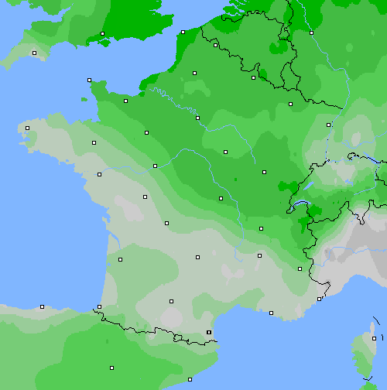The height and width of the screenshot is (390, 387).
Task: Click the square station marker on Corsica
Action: tap(374, 338)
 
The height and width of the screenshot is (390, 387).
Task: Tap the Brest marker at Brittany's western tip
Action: tap(27, 128)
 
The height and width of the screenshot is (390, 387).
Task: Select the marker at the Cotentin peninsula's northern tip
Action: tap(89, 80)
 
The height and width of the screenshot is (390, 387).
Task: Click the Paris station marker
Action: tap(197, 118)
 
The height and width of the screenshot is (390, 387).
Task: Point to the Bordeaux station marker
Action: tap(120, 259)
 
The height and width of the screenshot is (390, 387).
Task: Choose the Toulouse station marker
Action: tap(170, 301)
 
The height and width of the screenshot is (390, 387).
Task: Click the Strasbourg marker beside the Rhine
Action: tap(328, 124)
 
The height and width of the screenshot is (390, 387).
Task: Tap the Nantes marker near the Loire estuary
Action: tap(99, 174)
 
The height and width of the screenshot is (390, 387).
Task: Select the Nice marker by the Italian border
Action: tap(319, 299)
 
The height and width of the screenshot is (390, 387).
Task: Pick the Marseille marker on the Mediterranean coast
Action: tap(271, 313)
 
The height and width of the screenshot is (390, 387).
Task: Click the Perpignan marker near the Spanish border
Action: tap(208, 332)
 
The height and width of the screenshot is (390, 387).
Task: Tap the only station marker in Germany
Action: tap(311, 32)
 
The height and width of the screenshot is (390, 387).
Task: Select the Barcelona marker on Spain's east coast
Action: tap(190, 379)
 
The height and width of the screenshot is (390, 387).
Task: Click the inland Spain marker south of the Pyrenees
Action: tap(111, 368)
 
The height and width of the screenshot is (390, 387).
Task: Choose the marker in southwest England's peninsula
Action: tap(34, 53)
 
